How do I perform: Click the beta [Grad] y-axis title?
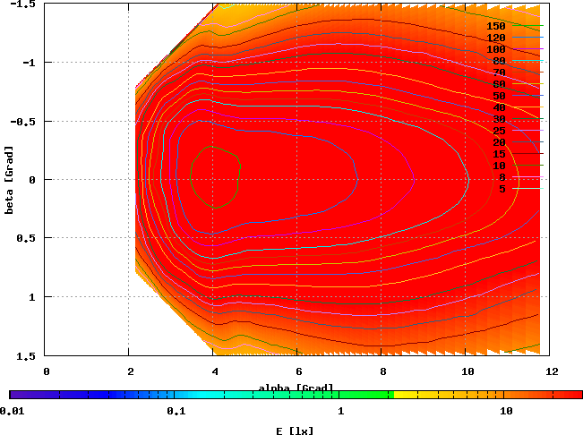10,180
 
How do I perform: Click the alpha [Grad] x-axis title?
296,388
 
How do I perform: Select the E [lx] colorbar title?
296,430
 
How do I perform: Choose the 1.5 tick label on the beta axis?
27,355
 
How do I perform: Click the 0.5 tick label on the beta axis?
27,238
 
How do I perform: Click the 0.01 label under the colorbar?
13,411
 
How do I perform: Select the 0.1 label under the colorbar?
176,411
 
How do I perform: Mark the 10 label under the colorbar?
506,411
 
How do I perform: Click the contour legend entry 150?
496,26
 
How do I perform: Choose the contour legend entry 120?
496,38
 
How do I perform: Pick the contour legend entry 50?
499,96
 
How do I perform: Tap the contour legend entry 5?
502,189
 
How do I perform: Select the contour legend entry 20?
499,142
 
